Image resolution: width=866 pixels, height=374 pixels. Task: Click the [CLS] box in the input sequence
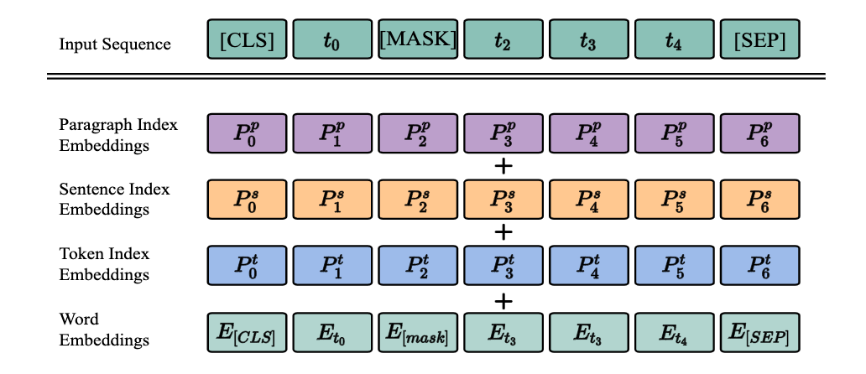247,39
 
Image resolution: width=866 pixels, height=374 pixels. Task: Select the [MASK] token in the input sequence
418,39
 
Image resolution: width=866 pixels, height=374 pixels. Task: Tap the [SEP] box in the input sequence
760,39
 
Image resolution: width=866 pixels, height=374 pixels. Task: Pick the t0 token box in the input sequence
332,39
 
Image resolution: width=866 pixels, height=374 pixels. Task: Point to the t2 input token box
503,39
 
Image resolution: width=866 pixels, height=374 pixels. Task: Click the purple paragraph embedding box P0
247,134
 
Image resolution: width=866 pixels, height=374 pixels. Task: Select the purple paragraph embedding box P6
760,134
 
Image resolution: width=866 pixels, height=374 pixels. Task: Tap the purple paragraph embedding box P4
589,134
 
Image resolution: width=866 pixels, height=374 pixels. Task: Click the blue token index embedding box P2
418,265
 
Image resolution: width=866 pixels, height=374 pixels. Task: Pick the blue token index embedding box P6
760,265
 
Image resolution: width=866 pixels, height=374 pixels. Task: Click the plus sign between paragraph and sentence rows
503,166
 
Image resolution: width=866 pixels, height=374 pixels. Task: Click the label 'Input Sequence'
115,44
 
